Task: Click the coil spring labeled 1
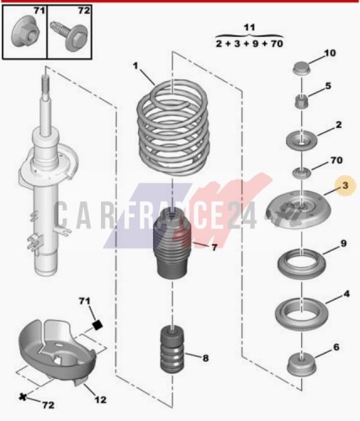173,128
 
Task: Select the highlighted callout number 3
345,185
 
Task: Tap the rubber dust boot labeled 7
172,245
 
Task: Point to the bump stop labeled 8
172,349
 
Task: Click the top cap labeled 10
301,68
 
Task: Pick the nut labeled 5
302,103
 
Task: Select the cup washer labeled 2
301,140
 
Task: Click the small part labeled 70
302,173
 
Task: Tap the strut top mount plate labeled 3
299,209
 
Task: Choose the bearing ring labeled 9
302,264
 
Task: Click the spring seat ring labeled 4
302,314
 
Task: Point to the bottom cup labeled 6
302,365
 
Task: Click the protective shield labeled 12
57,352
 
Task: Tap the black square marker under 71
98,325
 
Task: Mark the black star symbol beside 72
23,397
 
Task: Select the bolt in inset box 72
69,36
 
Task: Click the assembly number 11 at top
249,28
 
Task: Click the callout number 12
100,399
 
